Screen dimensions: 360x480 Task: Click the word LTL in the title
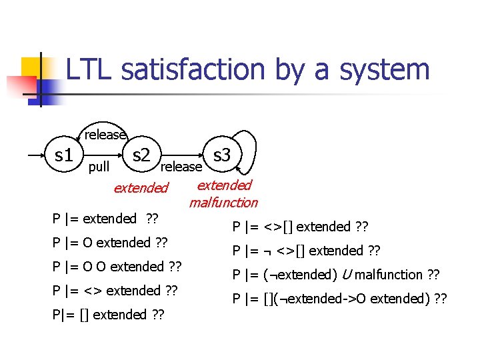[89, 70]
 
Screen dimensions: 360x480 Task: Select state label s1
[63, 156]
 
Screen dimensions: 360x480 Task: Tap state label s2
[141, 156]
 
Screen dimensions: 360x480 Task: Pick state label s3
[221, 155]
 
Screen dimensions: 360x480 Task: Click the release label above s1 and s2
[105, 135]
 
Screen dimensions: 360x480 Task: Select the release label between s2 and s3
[181, 166]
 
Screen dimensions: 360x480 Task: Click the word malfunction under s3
[223, 202]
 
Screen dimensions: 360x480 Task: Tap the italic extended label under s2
[141, 188]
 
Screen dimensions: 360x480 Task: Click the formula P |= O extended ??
[110, 243]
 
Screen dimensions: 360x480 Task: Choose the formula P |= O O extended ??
[117, 267]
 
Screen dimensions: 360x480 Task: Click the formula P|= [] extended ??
[109, 314]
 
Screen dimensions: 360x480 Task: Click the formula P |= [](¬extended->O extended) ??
[339, 299]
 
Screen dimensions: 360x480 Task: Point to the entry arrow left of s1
[37, 156]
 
